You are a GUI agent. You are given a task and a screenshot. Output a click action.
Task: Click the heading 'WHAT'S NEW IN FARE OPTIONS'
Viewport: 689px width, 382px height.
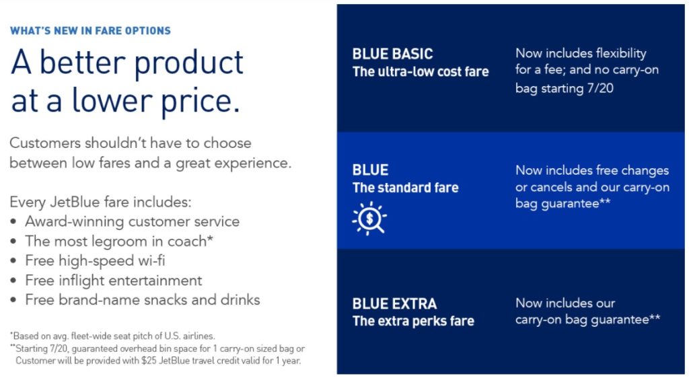coord(90,31)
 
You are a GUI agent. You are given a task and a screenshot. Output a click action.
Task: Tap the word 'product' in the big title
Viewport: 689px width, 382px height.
coord(188,63)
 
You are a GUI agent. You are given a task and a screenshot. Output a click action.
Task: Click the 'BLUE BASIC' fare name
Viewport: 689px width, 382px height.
coord(392,54)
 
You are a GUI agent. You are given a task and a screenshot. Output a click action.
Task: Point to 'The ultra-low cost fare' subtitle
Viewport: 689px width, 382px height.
coord(421,72)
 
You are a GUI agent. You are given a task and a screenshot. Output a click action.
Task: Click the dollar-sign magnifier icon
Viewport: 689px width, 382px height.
coord(369,218)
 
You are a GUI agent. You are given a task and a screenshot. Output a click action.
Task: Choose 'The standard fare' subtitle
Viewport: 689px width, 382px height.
coord(405,188)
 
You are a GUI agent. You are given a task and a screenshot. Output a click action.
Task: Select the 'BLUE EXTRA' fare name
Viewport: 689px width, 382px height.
coord(394,303)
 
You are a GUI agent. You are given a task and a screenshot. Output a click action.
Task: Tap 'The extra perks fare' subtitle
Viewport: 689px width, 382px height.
coord(413,321)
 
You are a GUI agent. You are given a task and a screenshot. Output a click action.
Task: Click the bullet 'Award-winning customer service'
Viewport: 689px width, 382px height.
coord(132,221)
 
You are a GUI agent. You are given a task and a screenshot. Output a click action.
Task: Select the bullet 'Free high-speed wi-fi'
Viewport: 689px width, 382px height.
coord(95,260)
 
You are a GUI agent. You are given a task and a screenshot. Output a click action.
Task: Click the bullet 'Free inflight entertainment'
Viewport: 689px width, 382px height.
coord(113,280)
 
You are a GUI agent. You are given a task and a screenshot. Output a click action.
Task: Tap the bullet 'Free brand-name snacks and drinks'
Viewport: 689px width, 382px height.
coord(142,300)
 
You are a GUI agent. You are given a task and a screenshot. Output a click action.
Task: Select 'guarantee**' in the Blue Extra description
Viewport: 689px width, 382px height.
coord(626,320)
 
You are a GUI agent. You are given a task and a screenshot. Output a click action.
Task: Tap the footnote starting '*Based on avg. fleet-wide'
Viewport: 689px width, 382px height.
coord(112,336)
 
